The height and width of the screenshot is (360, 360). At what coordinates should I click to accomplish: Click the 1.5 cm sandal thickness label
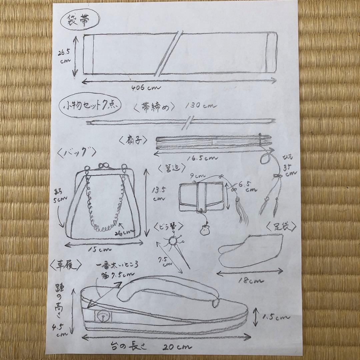275,317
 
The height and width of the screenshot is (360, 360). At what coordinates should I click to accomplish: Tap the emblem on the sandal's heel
102,316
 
